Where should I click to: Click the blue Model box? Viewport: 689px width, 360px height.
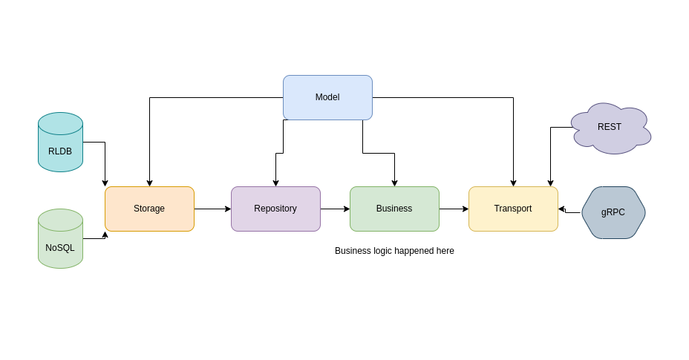click(x=327, y=97)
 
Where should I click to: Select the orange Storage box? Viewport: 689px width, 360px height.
click(x=149, y=209)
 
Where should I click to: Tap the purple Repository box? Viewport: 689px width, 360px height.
click(x=275, y=209)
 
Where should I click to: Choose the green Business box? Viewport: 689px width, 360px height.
click(x=394, y=209)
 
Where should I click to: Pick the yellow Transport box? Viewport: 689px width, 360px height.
click(x=513, y=209)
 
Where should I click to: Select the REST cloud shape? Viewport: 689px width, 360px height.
click(x=610, y=128)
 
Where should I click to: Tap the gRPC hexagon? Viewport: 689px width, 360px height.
click(x=613, y=212)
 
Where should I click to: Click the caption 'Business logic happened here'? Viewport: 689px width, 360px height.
click(x=394, y=251)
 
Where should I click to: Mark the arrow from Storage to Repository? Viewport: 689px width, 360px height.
click(x=212, y=209)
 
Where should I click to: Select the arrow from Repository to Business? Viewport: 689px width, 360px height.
click(x=335, y=209)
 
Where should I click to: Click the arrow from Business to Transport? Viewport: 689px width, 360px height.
click(x=454, y=209)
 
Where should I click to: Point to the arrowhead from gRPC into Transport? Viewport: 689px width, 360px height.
click(x=561, y=209)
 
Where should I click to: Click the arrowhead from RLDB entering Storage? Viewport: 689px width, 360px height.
click(x=105, y=183)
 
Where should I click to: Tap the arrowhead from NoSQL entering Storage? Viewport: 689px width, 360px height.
click(x=105, y=235)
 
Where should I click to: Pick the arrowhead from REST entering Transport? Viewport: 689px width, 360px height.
click(x=550, y=183)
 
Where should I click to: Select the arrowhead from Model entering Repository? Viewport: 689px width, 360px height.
click(x=275, y=183)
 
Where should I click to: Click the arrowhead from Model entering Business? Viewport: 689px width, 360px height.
click(x=394, y=183)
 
